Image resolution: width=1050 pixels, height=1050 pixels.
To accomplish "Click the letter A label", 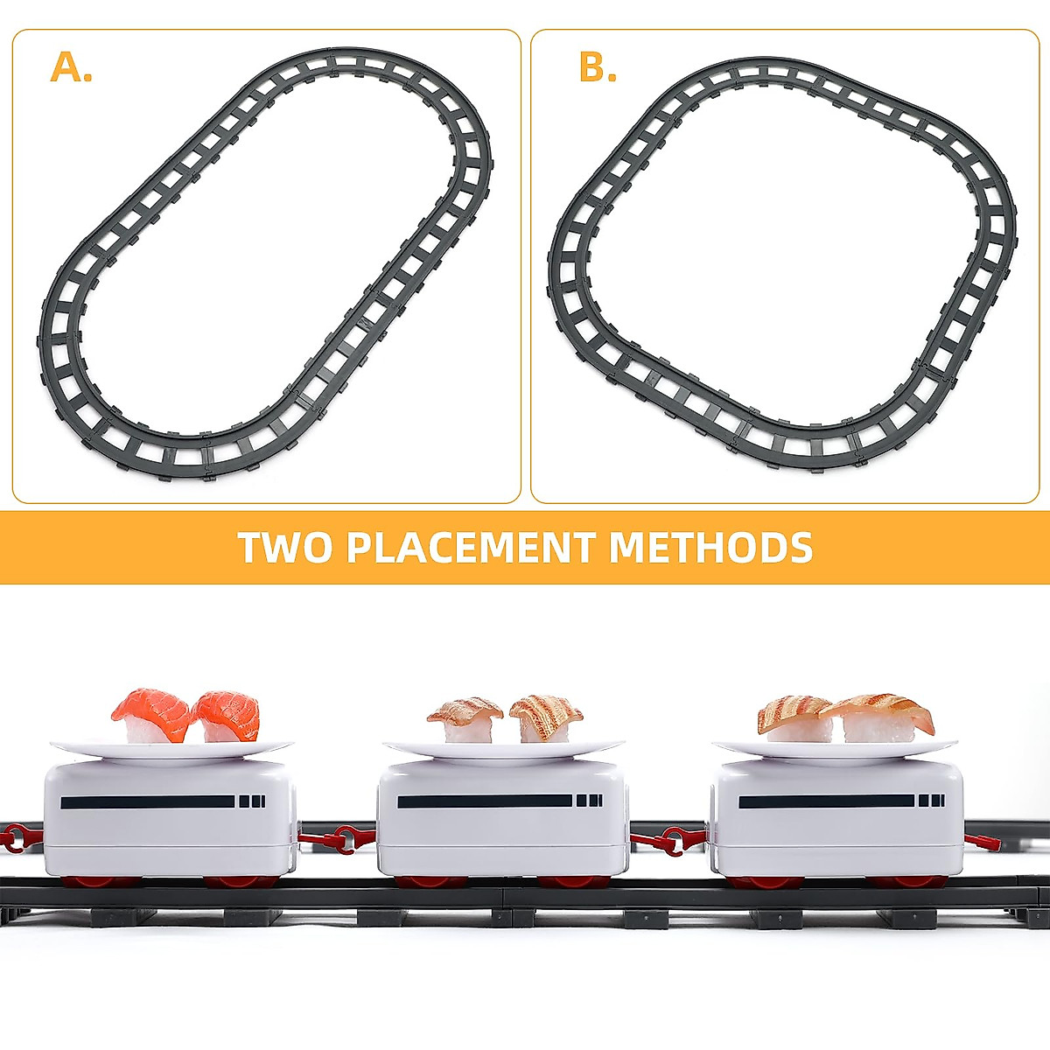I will [71, 67].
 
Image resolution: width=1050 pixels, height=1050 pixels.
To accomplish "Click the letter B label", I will [598, 67].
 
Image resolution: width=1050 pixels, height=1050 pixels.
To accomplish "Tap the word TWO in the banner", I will [284, 548].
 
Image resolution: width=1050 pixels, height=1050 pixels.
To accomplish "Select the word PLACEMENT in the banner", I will [470, 548].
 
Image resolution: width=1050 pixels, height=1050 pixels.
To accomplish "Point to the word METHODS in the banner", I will [710, 548].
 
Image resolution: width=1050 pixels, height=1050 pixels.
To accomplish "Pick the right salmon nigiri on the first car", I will [227, 715].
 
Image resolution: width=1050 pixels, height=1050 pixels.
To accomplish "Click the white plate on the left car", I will [171, 749].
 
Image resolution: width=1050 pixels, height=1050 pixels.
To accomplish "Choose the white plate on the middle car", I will [503, 750].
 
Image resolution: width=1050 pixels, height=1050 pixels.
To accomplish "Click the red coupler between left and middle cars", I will [337, 840].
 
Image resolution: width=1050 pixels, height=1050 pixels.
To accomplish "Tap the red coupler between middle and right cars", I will [669, 841].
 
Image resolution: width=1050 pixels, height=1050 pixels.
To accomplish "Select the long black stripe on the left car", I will [148, 801].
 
